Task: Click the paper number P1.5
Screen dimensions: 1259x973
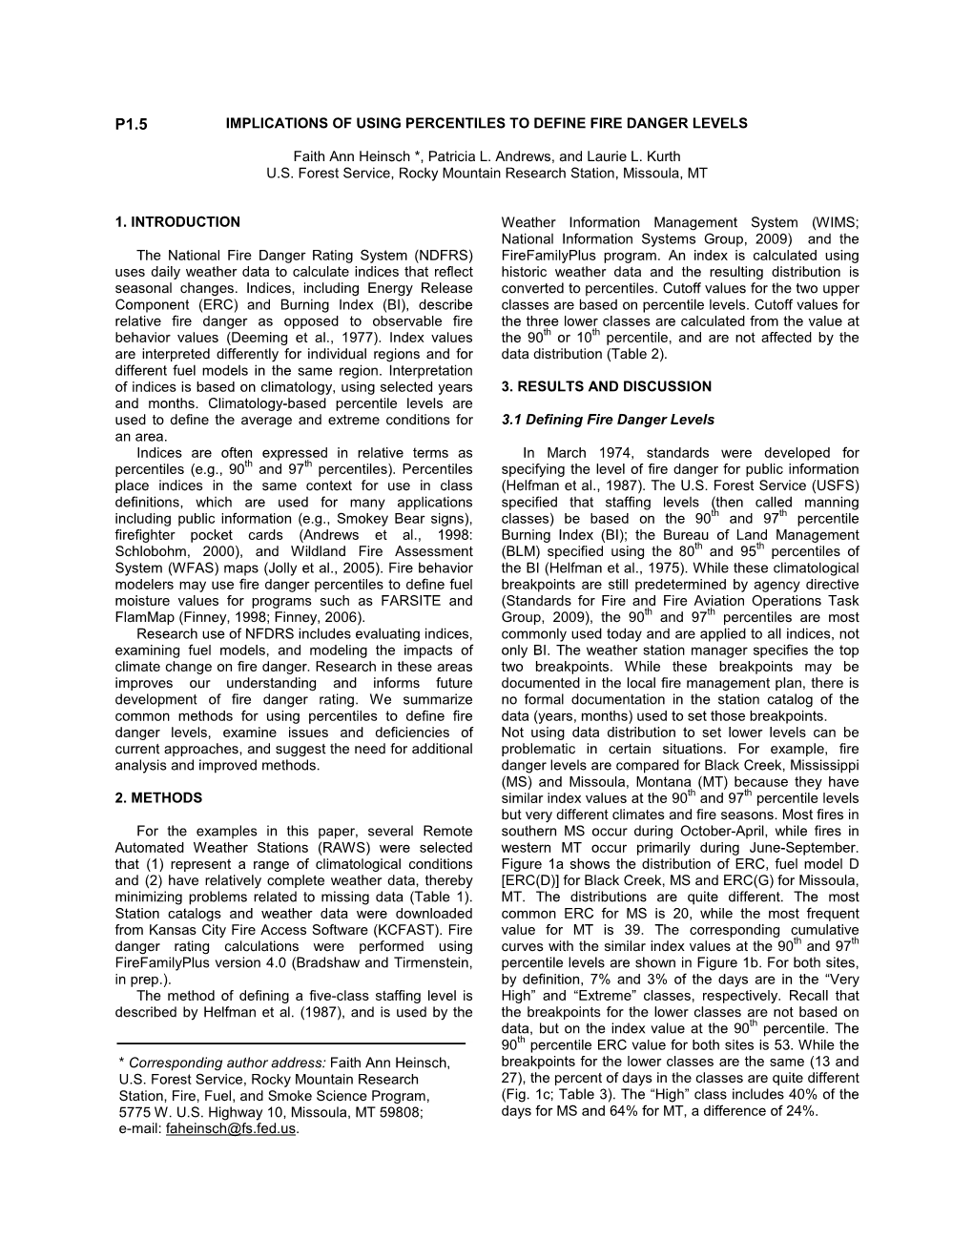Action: click(132, 124)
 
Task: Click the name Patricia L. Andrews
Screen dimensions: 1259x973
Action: click(485, 156)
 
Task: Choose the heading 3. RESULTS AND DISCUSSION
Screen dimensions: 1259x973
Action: click(606, 386)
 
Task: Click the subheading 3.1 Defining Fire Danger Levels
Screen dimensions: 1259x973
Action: click(607, 420)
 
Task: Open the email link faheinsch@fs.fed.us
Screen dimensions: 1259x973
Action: click(231, 1128)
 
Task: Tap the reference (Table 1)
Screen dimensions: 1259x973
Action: click(441, 897)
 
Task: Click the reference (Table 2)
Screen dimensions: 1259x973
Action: click(636, 354)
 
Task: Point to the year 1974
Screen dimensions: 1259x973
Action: click(623, 453)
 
